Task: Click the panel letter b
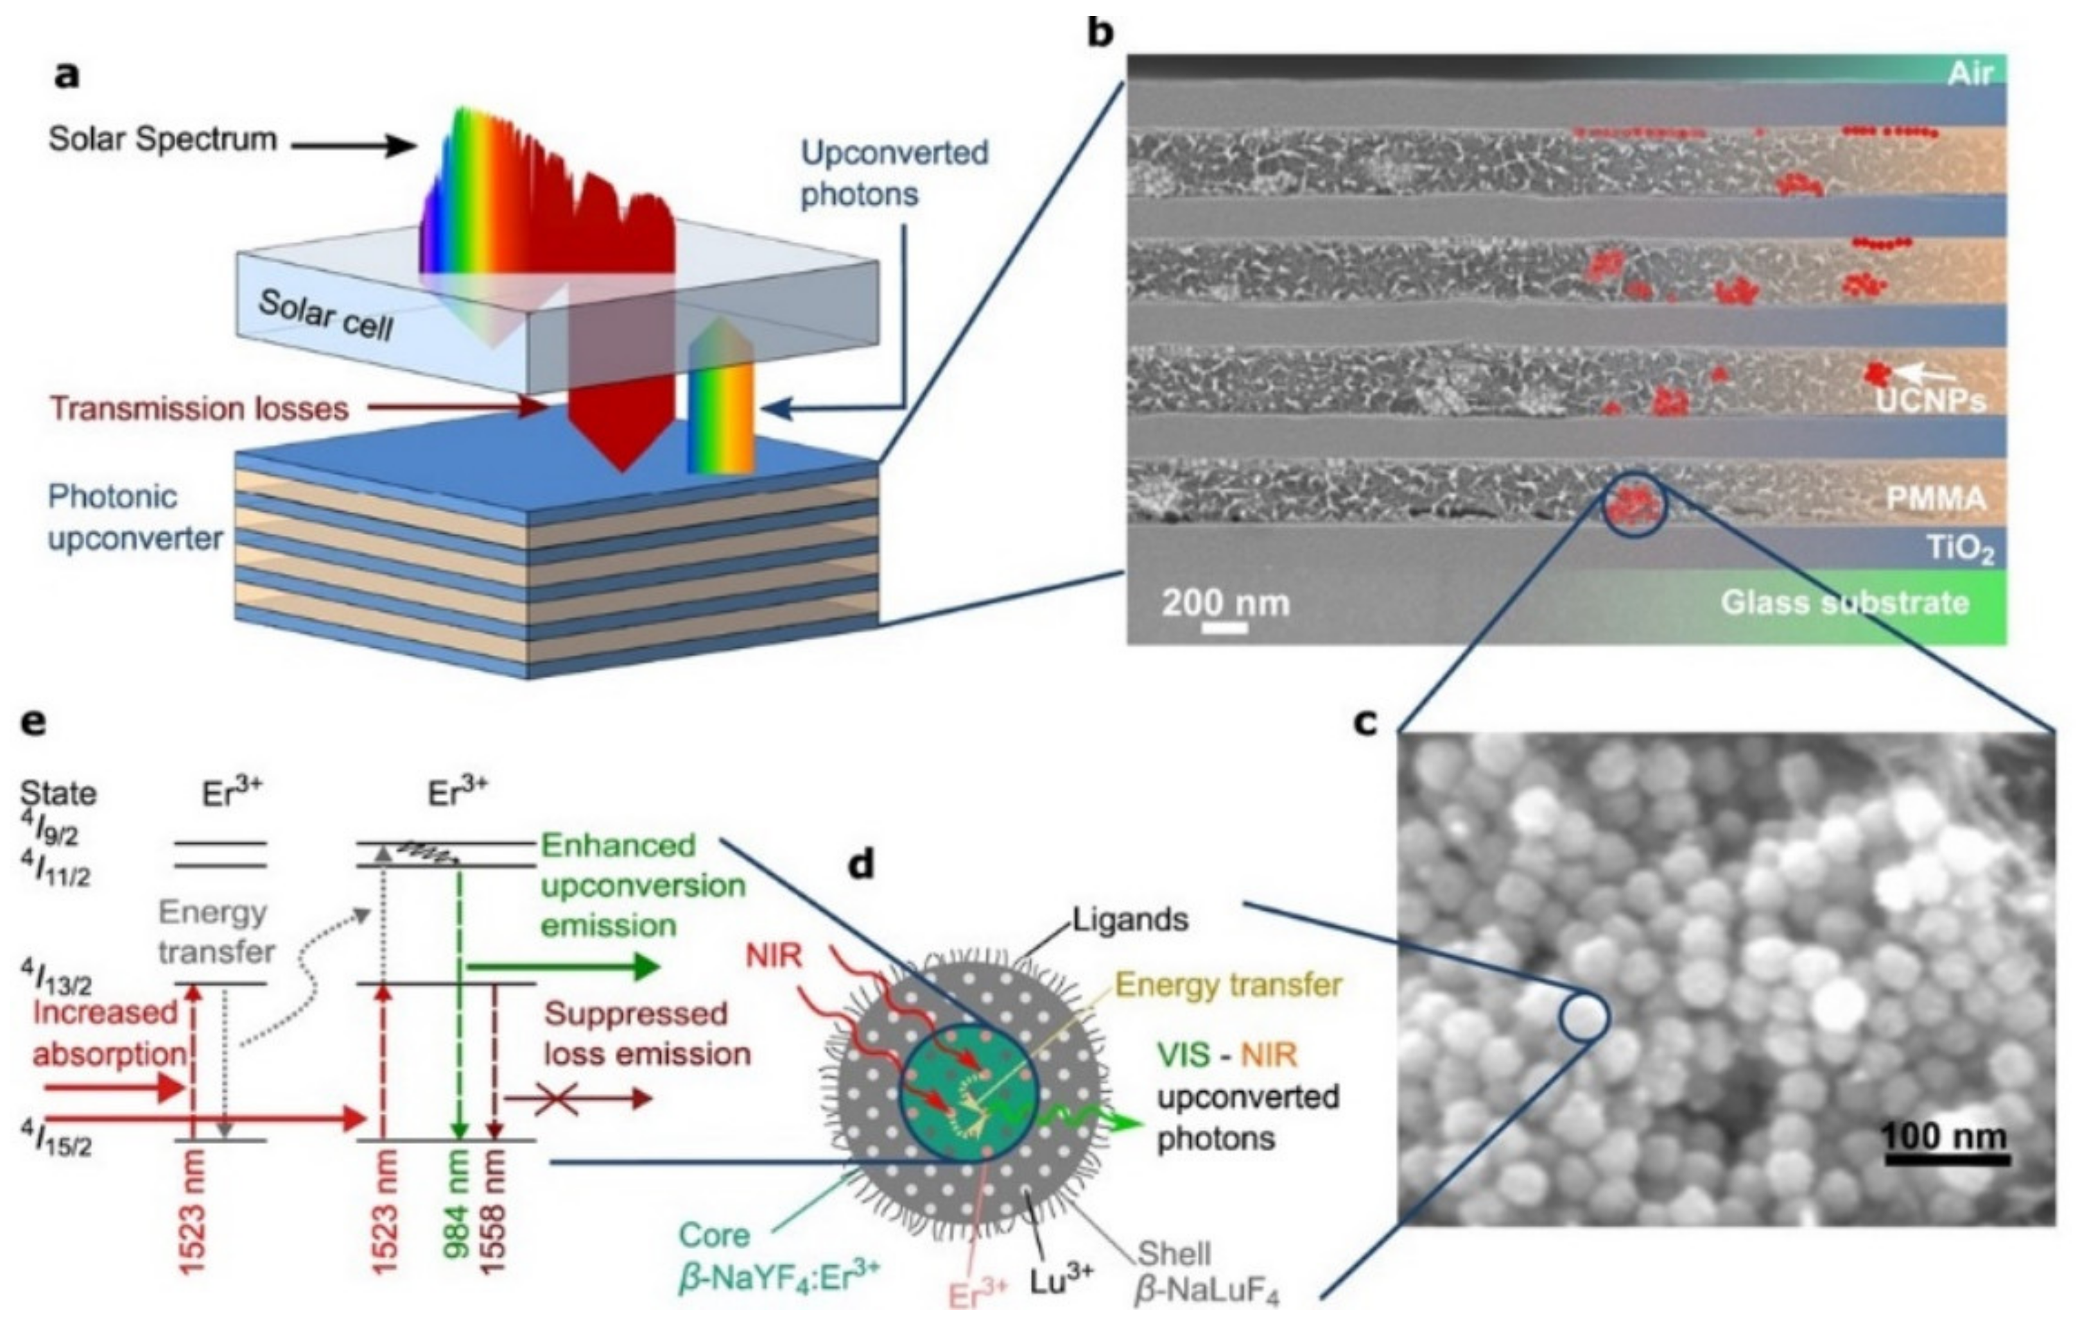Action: [x=1100, y=33]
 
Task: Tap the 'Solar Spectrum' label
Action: [x=162, y=140]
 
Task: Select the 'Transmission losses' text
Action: [x=199, y=408]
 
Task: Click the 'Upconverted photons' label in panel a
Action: [x=894, y=174]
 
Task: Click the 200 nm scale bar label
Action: [x=1226, y=602]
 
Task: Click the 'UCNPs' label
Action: [x=1930, y=401]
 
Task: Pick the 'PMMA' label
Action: [x=1936, y=498]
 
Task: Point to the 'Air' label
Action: [x=1970, y=74]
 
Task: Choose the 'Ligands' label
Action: [x=1130, y=919]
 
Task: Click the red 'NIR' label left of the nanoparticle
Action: [x=773, y=956]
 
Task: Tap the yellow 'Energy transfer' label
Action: [x=1228, y=985]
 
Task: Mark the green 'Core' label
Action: [x=714, y=1234]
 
